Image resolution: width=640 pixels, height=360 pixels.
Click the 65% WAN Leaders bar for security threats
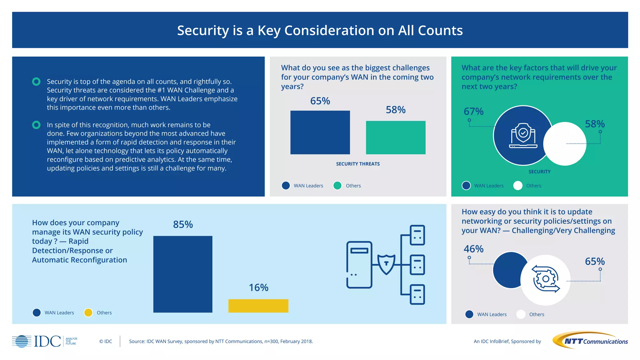pos(320,132)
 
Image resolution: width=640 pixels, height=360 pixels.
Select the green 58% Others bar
pos(396,137)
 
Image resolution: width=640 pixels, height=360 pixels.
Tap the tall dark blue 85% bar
pos(183,274)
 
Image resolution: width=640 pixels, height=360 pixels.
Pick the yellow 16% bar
pos(258,306)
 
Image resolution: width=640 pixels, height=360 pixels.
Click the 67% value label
pos(473,111)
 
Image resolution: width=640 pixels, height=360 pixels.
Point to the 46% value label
pos(473,249)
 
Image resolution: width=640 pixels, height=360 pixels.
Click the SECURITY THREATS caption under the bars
pos(358,164)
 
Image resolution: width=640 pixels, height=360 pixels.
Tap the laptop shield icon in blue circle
pos(523,136)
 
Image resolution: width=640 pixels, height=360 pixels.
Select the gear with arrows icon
pos(546,279)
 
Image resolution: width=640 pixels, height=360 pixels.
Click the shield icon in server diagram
pos(386,264)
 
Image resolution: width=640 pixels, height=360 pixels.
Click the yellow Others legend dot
pos(88,312)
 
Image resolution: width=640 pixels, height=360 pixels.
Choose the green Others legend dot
pos(337,186)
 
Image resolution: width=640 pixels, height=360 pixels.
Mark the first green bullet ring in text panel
pos(36,82)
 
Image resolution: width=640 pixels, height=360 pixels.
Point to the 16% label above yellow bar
pos(258,287)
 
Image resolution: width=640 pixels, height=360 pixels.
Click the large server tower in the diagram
pos(359,264)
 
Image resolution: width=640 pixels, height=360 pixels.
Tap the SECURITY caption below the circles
pos(539,172)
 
